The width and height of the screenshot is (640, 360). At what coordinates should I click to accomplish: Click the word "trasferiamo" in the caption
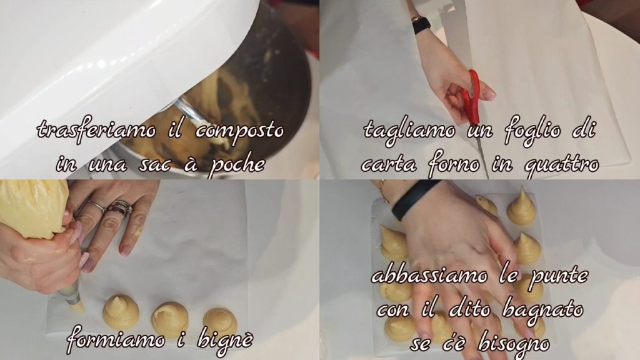click(x=96, y=131)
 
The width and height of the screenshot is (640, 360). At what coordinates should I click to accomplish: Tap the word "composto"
click(x=239, y=131)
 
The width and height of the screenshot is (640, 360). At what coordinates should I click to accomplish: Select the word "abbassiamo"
click(x=429, y=276)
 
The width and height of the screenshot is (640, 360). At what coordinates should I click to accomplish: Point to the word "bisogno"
click(x=514, y=344)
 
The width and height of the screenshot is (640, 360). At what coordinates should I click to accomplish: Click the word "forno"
click(x=454, y=164)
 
